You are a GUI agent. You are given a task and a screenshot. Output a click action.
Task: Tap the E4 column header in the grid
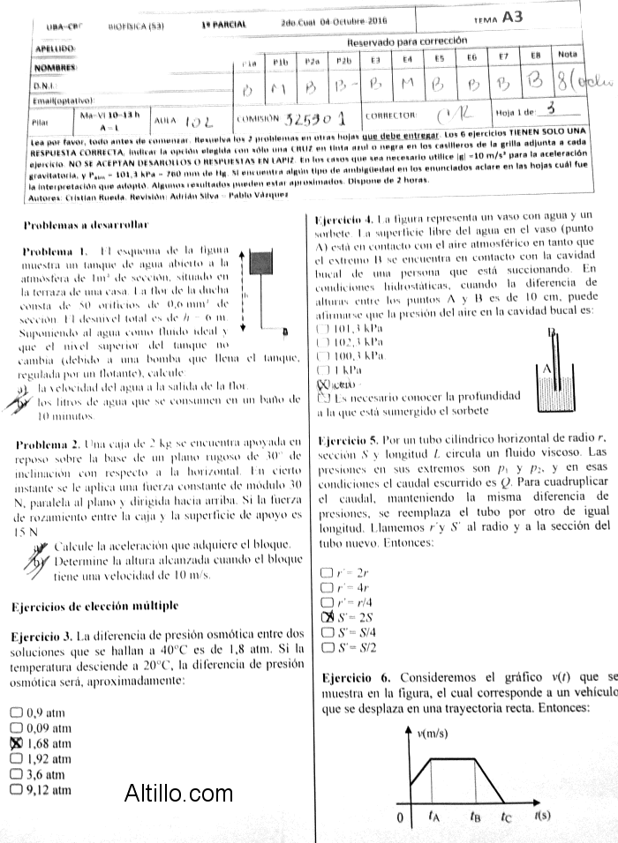click(x=407, y=59)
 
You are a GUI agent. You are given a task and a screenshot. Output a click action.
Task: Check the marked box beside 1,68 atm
click(x=15, y=743)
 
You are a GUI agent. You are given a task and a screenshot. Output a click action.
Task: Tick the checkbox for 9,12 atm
click(x=15, y=790)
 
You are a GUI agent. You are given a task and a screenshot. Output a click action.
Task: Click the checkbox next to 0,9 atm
click(x=15, y=712)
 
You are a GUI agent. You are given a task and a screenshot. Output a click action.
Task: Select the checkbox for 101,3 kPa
click(x=321, y=328)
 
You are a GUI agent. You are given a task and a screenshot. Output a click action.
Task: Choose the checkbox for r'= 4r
click(x=328, y=586)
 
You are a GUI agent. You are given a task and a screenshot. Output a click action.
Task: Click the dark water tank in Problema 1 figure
click(x=262, y=261)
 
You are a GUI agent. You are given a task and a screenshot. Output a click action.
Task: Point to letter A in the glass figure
click(x=548, y=368)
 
